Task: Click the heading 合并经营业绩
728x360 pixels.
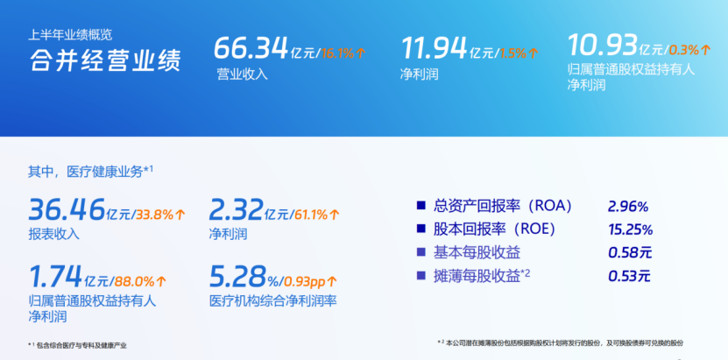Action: coord(105,60)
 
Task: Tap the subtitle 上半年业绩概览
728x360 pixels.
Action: coord(70,35)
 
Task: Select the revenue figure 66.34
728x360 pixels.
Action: coord(251,48)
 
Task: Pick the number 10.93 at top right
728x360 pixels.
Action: coord(602,45)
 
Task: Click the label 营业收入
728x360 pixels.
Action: coord(243,74)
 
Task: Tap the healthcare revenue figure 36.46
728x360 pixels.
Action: coord(67,209)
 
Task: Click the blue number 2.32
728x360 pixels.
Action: coord(236,209)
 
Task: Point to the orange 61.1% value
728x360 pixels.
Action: coord(311,215)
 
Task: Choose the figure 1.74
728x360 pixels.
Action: coord(56,276)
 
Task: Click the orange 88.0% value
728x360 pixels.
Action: coord(134,281)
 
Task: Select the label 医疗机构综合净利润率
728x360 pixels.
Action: coord(273,301)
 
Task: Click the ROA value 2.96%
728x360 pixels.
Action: coord(628,207)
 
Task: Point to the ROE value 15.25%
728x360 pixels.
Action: coord(631,229)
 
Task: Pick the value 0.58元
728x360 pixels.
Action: coord(630,253)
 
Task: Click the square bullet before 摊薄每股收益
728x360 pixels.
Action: coord(421,276)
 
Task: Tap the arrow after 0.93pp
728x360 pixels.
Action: coord(331,281)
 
